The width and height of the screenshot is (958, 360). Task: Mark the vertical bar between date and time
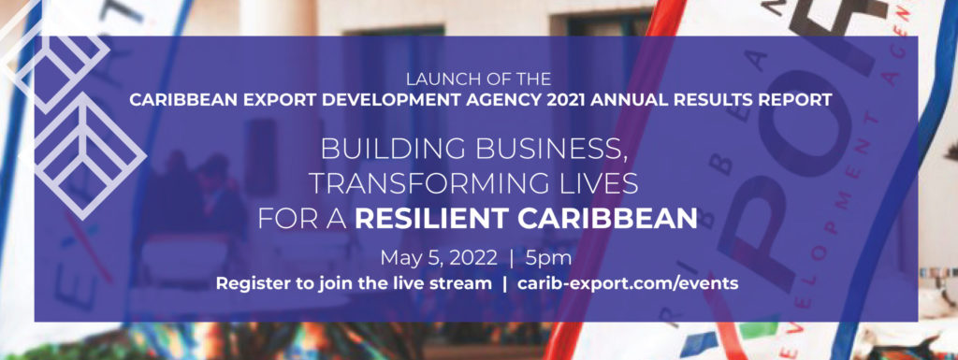[x=511, y=256]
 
